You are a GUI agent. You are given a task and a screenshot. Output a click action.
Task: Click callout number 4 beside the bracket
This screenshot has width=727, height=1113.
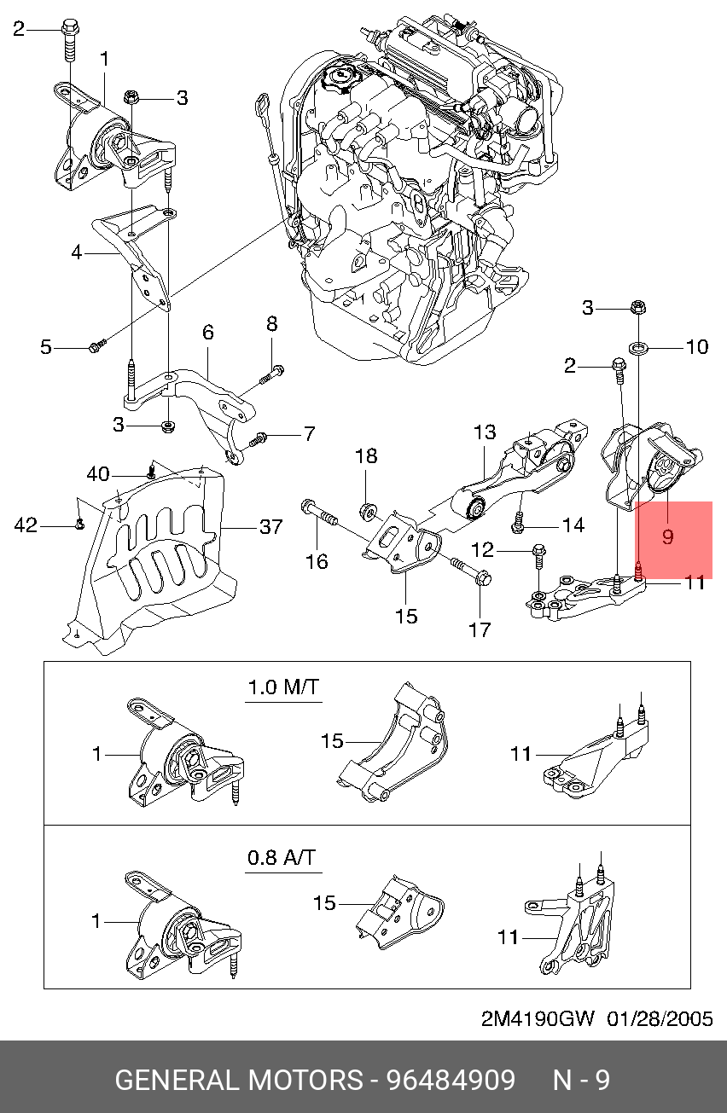pyautogui.click(x=76, y=253)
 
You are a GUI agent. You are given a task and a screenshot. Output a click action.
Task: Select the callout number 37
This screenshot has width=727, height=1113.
pyautogui.click(x=270, y=527)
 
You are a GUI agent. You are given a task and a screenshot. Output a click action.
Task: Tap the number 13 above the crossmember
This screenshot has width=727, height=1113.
pyautogui.click(x=485, y=432)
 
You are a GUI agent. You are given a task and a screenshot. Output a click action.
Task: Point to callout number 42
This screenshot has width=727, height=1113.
pyautogui.click(x=26, y=525)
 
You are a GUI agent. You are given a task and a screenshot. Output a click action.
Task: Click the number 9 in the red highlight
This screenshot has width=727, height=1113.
pyautogui.click(x=667, y=536)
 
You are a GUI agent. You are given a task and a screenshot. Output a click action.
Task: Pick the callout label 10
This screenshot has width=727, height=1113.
pyautogui.click(x=697, y=346)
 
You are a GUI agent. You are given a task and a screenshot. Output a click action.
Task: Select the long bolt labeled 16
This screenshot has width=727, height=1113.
pyautogui.click(x=317, y=515)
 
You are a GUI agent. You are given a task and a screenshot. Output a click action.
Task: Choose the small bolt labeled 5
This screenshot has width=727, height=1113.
pyautogui.click(x=96, y=345)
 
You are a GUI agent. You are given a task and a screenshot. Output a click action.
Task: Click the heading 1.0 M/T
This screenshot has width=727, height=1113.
pyautogui.click(x=284, y=686)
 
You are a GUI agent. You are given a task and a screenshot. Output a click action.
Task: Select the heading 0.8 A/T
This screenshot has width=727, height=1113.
pyautogui.click(x=284, y=857)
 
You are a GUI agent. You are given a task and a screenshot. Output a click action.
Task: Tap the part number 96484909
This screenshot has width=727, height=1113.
pyautogui.click(x=451, y=1081)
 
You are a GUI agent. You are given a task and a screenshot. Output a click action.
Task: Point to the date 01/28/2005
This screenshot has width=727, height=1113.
pyautogui.click(x=660, y=1020)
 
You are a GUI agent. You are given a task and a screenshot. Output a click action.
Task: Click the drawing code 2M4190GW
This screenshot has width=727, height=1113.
pyautogui.click(x=537, y=1020)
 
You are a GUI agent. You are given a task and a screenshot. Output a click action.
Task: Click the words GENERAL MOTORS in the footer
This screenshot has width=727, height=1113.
pyautogui.click(x=238, y=1081)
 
